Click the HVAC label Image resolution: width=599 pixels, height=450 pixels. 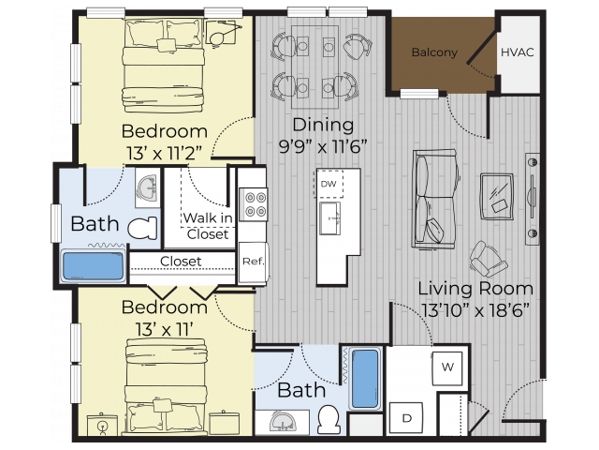517,52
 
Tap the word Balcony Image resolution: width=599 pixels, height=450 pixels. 434,52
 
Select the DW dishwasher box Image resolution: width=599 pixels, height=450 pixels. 329,185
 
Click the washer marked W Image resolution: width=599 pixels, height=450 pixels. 447,367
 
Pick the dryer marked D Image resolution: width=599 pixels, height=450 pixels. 407,416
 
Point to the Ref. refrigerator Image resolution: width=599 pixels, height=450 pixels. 251,262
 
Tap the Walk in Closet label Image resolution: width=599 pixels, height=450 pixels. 208,226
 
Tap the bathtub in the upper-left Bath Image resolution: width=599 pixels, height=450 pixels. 93,265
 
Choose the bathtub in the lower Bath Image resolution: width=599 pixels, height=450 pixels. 364,379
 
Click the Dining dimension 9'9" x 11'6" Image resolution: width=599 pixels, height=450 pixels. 323,145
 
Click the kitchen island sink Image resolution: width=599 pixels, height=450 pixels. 329,221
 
